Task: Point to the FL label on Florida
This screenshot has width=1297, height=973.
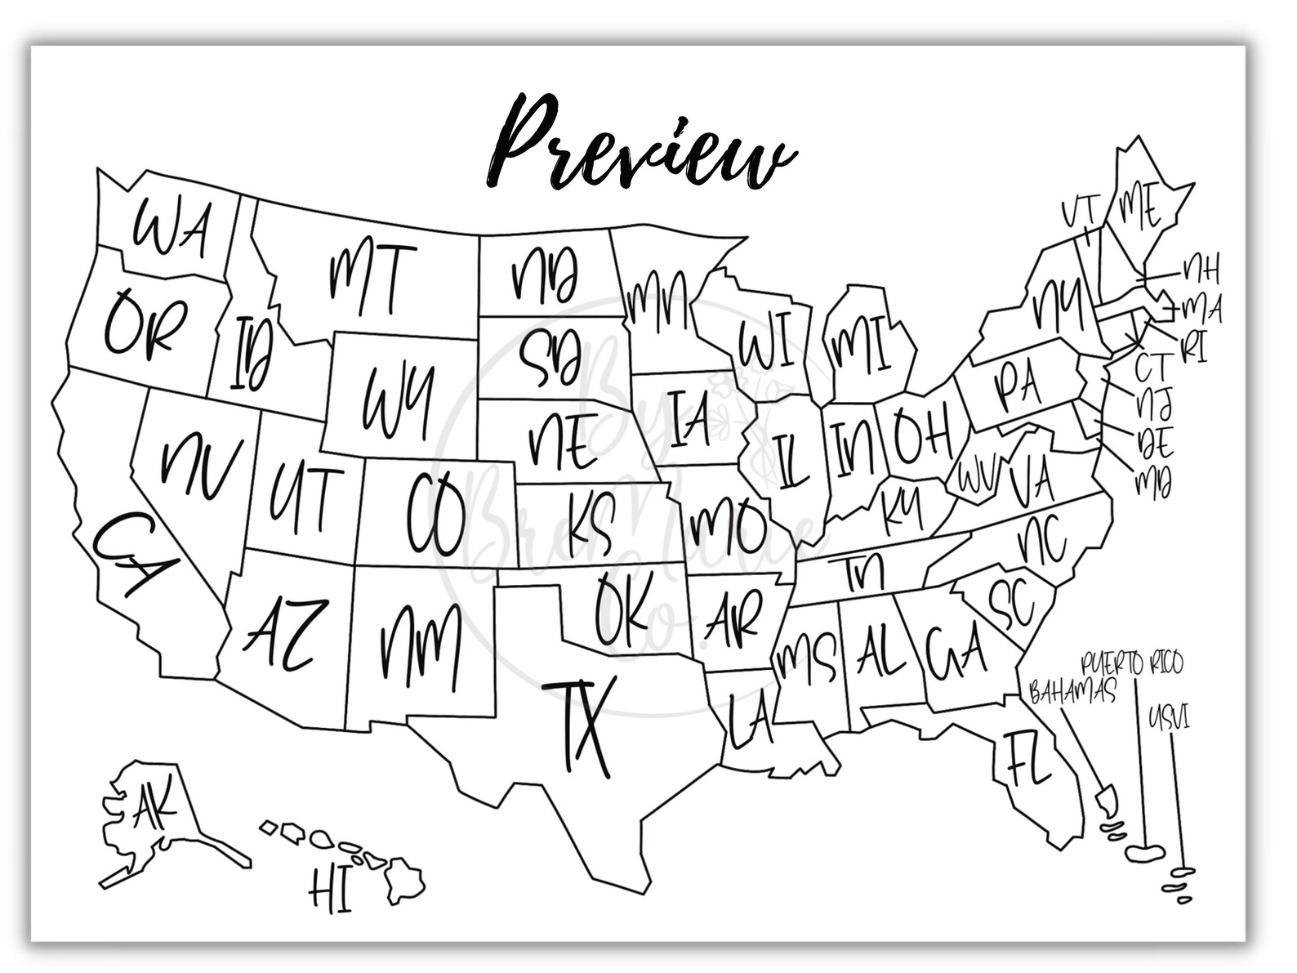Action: pos(1027,759)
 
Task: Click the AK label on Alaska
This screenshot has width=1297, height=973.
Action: pos(155,807)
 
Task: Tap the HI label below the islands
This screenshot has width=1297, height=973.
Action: pos(330,890)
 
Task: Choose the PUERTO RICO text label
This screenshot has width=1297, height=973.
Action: pos(1131,663)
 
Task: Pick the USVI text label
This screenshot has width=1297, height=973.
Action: pos(1169,719)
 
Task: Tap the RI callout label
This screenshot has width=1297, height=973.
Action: pos(1193,348)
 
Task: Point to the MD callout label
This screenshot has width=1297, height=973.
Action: pos(1153,483)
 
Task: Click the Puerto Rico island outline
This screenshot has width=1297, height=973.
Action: pos(1145,851)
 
